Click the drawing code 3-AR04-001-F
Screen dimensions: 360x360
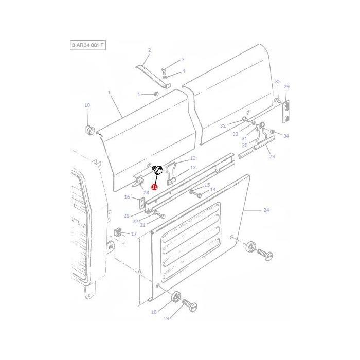pyautogui.click(x=88, y=46)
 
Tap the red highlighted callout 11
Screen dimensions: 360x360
pyautogui.click(x=154, y=187)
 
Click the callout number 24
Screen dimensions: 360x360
pyautogui.click(x=266, y=210)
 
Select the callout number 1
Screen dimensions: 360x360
pyautogui.click(x=109, y=93)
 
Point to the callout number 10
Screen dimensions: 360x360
pyautogui.click(x=87, y=105)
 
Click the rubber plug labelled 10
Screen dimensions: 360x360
pyautogui.click(x=89, y=129)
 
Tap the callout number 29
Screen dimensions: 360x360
pyautogui.click(x=286, y=86)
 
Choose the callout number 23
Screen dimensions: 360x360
pyautogui.click(x=272, y=157)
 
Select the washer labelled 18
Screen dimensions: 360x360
pyautogui.click(x=176, y=297)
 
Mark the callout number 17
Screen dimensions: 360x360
pyautogui.click(x=134, y=234)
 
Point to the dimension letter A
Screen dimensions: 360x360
pyautogui.click(x=139, y=271)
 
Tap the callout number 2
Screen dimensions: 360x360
pyautogui.click(x=149, y=50)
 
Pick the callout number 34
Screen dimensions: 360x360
pyautogui.click(x=286, y=136)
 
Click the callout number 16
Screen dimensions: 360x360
pyautogui.click(x=127, y=197)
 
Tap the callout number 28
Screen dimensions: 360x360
pyautogui.click(x=146, y=192)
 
